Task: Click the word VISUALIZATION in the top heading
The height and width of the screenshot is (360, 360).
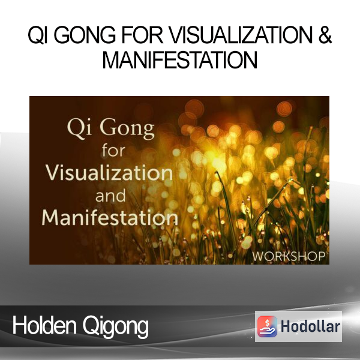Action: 241,35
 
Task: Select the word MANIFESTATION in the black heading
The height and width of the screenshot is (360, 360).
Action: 179,60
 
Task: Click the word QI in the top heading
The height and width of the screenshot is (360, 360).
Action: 38,35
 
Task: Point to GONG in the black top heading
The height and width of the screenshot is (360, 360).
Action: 85,35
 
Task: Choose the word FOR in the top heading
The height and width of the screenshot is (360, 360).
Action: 142,35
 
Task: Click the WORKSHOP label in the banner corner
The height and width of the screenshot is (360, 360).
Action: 289,256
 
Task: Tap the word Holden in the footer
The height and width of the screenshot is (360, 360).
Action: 44,325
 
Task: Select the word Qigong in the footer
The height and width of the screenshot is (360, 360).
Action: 115,327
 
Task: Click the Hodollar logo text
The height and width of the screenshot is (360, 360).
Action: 310,326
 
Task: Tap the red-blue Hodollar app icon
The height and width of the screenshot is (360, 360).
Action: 267,326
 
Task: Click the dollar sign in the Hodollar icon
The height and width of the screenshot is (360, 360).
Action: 267,323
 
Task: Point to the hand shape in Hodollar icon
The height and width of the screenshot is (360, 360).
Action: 267,331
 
